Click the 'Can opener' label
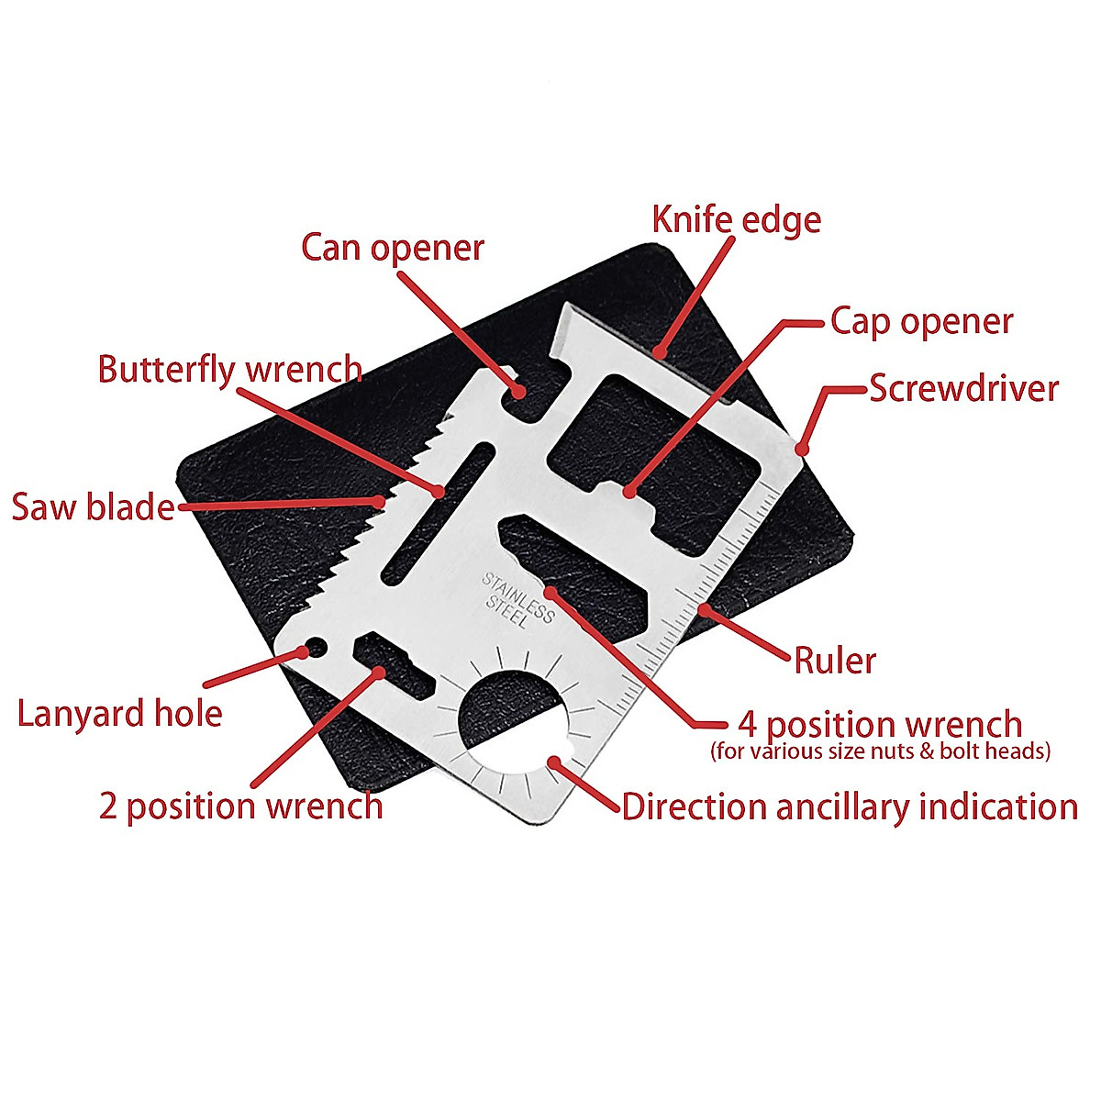point(392,248)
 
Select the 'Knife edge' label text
point(736,220)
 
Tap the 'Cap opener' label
point(921,322)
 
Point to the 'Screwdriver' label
point(963,388)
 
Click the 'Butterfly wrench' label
point(229,370)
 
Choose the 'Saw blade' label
point(93,506)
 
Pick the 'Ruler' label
point(834,660)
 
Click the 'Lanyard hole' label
point(119,714)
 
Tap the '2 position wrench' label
point(240,806)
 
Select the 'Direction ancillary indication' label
point(849,807)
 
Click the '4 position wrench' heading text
point(880,724)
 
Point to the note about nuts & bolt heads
point(880,751)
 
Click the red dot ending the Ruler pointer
point(704,608)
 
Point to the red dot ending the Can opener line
point(518,392)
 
